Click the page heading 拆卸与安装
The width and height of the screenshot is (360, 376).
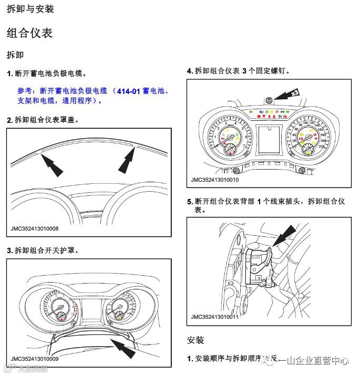pos(30,9)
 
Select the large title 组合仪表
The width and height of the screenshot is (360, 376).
pos(29,33)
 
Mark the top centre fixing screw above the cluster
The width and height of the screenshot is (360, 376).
pos(269,100)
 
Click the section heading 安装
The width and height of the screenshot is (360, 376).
pos(195,340)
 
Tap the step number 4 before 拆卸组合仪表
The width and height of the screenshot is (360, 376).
pos(189,70)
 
